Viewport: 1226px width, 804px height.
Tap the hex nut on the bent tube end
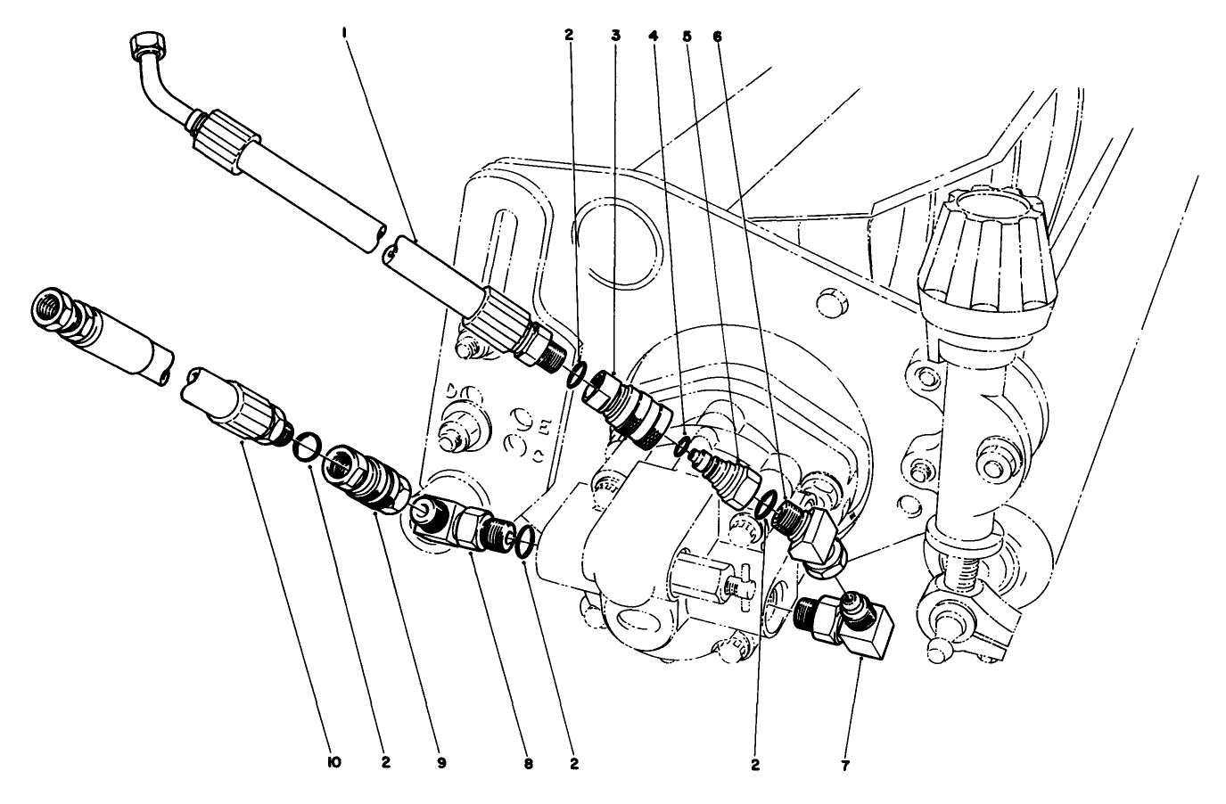point(144,45)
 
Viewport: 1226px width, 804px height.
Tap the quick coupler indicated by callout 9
point(367,477)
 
